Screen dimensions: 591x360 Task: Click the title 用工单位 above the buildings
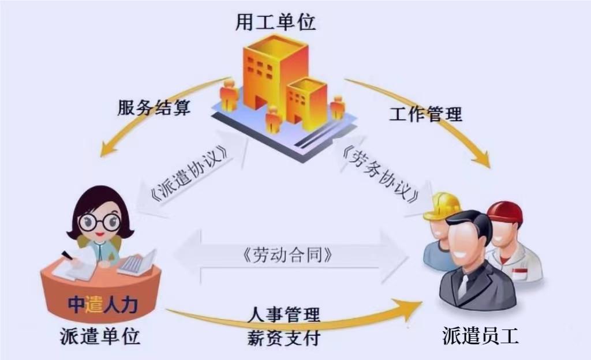pos(275,22)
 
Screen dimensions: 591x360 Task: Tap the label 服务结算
pos(154,107)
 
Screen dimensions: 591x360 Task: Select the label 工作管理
pos(425,114)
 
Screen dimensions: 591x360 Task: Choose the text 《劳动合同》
pos(288,255)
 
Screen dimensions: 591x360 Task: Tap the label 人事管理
pos(284,314)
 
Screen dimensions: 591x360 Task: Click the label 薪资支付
pos(284,337)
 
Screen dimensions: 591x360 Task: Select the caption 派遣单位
pos(100,336)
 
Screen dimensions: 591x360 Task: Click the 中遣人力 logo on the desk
pos(103,304)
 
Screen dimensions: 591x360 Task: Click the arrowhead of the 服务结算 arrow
pos(107,149)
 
